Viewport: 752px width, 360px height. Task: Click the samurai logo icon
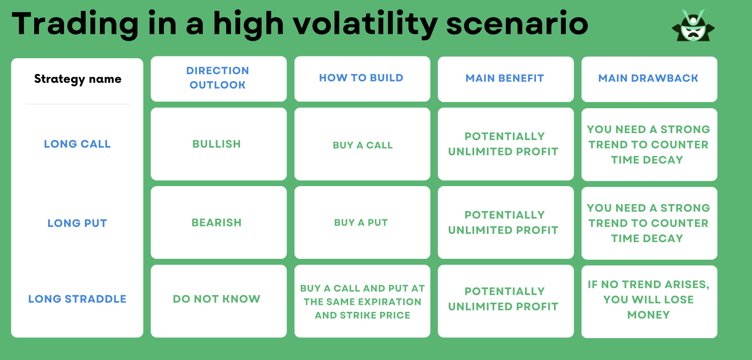pos(693,26)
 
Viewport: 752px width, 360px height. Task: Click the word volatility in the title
pos(365,24)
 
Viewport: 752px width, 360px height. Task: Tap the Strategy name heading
pos(78,79)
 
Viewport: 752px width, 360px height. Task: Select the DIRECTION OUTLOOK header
pos(218,78)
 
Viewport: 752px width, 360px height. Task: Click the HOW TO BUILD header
pos(362,78)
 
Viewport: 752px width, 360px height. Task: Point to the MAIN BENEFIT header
pos(505,78)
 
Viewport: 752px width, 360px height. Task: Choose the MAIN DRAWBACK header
pos(648,78)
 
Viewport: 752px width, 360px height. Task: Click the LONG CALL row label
pos(77,144)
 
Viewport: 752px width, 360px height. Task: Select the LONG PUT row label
pos(77,223)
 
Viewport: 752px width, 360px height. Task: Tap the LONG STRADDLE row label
pos(77,299)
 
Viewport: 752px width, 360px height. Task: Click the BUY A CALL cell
pos(362,145)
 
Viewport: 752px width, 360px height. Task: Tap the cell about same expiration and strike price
pos(362,302)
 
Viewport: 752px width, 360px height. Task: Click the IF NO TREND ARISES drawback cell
pos(649,300)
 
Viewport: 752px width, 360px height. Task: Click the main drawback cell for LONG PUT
pos(649,223)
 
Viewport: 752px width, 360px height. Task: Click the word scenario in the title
pos(517,24)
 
